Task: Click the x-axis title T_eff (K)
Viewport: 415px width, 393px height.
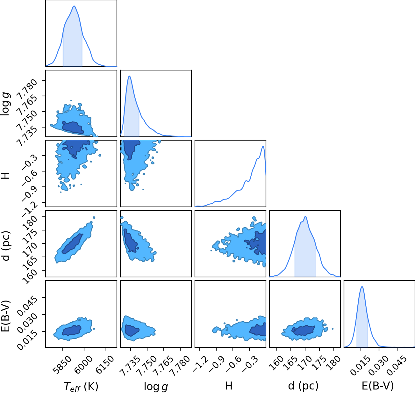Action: tap(81, 386)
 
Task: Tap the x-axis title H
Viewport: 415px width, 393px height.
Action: tap(229, 386)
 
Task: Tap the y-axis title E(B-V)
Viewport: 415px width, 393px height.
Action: tap(6, 316)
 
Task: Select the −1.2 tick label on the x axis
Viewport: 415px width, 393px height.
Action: tap(201, 362)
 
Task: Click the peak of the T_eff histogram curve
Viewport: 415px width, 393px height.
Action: tap(74, 6)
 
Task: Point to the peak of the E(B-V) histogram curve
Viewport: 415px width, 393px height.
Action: tap(362, 287)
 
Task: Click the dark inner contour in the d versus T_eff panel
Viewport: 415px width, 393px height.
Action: tap(72, 244)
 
